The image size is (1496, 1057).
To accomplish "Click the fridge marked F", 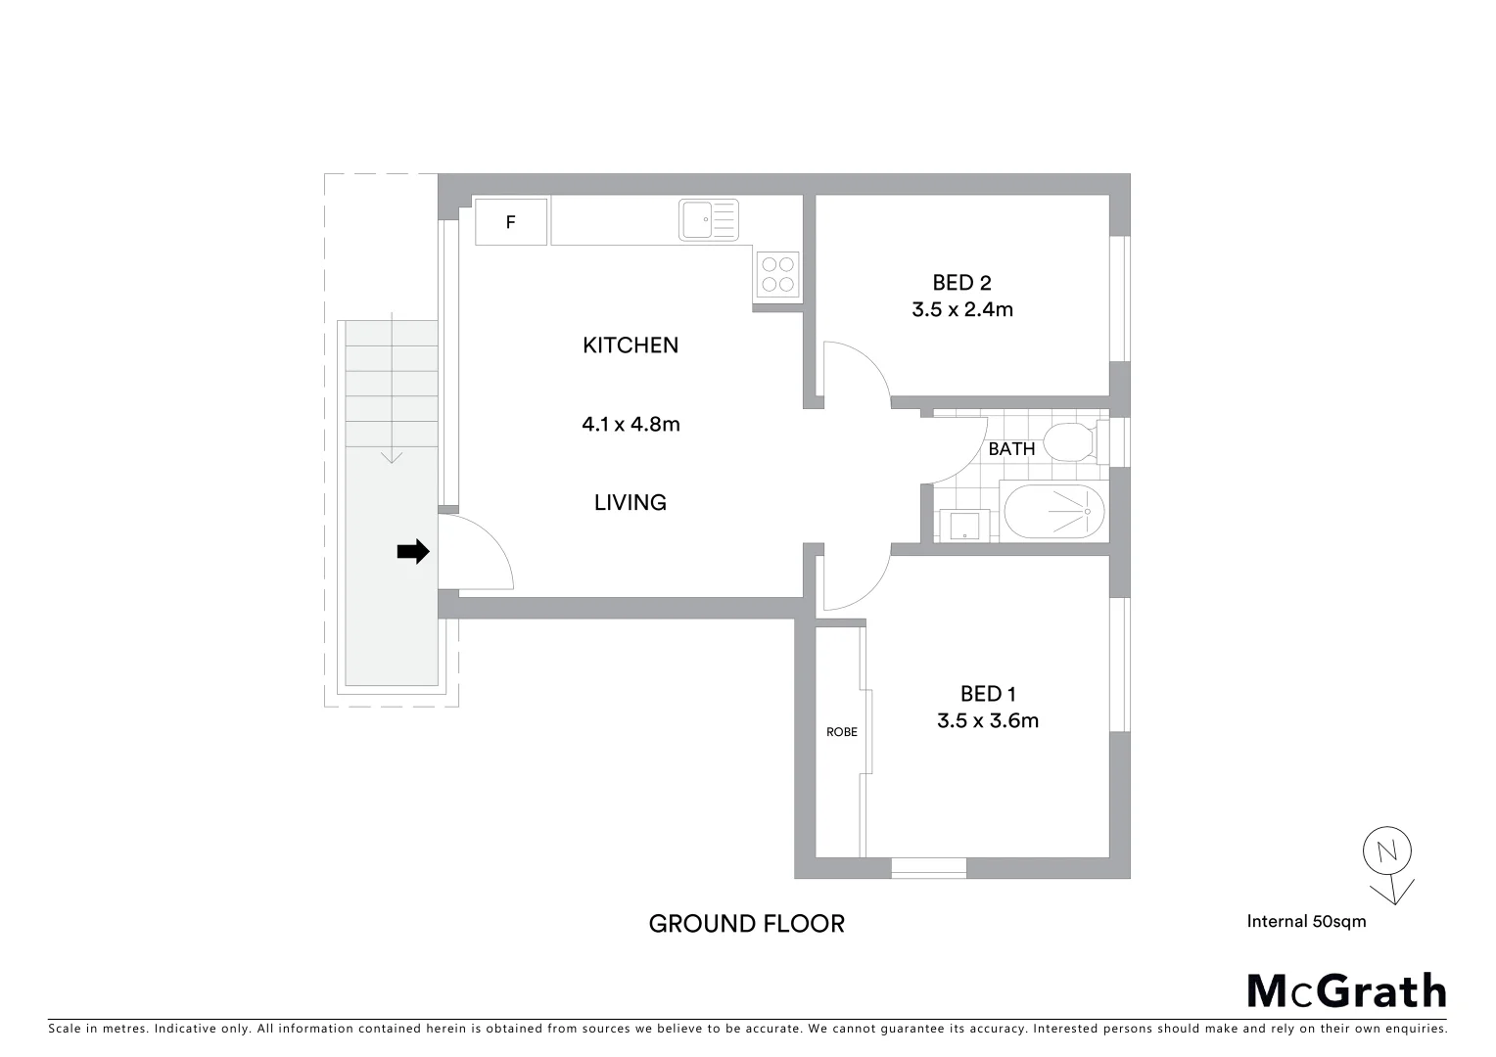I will (510, 222).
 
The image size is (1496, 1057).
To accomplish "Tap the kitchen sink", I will (708, 219).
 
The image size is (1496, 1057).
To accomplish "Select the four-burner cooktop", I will (778, 274).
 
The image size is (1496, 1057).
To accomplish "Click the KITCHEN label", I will (630, 345).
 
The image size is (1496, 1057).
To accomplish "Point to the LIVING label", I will (630, 503).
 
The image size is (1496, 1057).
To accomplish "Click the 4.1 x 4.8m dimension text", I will (631, 425).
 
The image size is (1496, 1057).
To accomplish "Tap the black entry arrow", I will (412, 552).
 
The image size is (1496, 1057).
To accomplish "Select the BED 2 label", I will (961, 283).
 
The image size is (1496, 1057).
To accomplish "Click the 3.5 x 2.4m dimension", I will (961, 310).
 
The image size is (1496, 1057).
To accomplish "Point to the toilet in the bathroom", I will (1069, 442).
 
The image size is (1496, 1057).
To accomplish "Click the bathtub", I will (1054, 511).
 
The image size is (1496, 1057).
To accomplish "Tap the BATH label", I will (1011, 449).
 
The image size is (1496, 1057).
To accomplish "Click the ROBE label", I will (841, 732).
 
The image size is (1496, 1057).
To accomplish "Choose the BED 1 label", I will (987, 694).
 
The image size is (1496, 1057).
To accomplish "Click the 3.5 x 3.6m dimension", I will (987, 721).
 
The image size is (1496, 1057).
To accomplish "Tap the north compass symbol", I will (1388, 861).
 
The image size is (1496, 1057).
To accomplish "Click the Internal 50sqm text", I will (1306, 921).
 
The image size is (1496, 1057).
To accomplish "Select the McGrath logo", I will (1346, 990).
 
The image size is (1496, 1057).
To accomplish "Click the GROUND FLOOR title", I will (746, 924).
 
